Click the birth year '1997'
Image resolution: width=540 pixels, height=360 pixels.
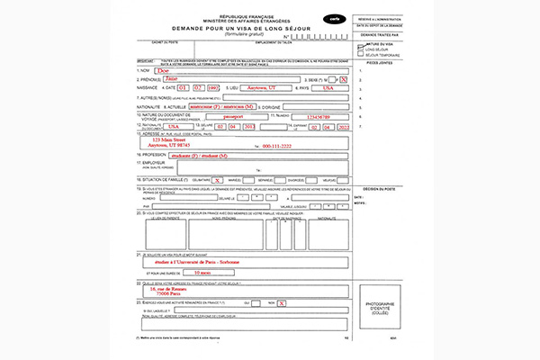tap(212, 88)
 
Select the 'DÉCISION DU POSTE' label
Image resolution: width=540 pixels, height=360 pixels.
tap(377, 190)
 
